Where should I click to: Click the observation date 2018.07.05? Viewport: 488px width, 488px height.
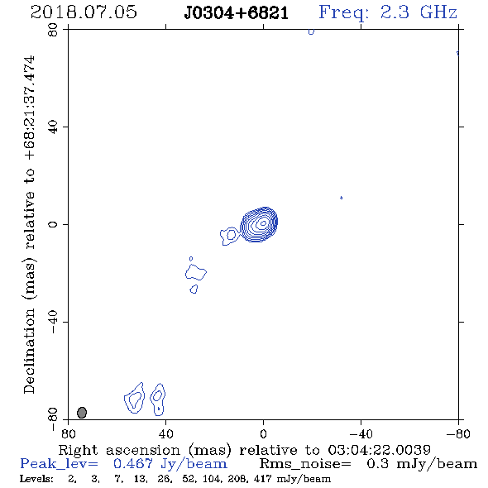(84, 12)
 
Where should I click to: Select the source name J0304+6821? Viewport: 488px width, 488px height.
(237, 13)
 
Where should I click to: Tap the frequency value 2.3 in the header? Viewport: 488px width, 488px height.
(395, 12)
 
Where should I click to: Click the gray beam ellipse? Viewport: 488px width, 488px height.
(82, 413)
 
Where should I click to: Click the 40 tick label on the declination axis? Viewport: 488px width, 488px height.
(53, 127)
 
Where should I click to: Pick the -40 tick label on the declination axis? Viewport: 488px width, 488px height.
(53, 322)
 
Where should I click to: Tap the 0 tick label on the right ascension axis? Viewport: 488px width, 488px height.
(263, 434)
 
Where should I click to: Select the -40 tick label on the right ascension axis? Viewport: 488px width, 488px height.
(361, 434)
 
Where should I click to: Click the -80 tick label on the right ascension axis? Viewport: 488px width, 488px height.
(458, 434)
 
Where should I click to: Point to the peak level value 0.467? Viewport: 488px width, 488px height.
(133, 464)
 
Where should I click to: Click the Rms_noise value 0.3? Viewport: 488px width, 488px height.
(377, 464)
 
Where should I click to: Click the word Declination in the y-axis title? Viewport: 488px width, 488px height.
(29, 351)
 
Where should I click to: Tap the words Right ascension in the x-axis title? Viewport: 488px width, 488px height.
(119, 450)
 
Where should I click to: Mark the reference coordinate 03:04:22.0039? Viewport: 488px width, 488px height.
(379, 450)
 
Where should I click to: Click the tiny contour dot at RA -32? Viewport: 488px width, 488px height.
(341, 198)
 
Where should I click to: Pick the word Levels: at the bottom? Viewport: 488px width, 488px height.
(36, 478)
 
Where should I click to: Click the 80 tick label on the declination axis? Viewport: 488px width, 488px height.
(53, 30)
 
